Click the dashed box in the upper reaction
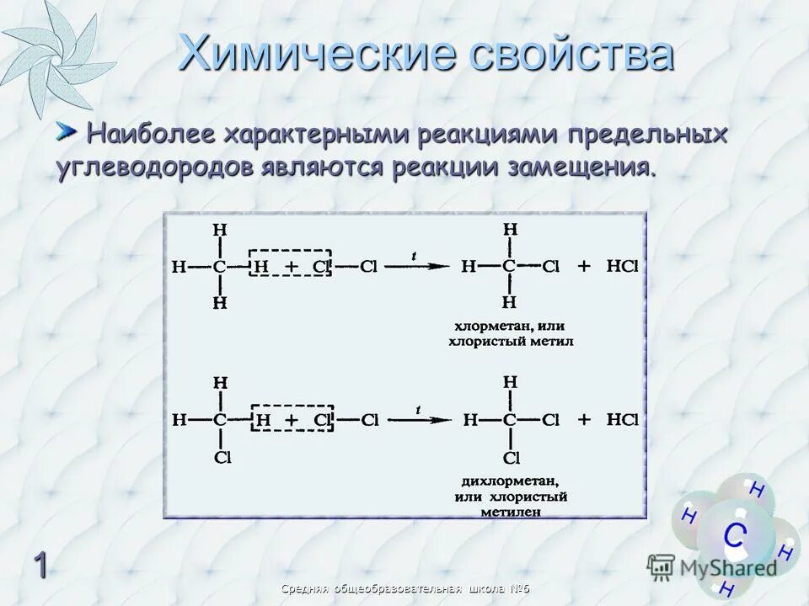pos(289,267)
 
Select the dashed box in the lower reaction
pos(292,418)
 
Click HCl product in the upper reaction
pos(622,266)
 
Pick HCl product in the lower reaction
pos(622,418)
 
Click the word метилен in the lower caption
pos(511,510)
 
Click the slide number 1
pos(40,565)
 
